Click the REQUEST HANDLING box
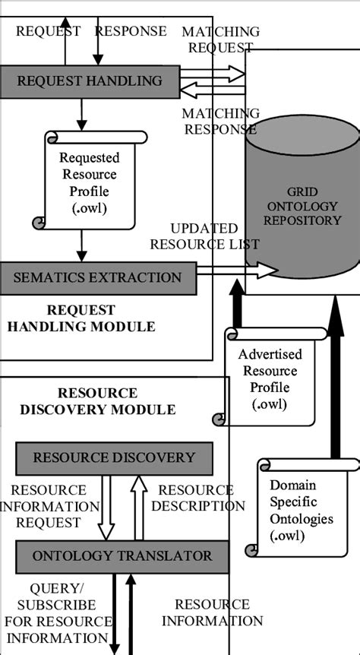point(90,81)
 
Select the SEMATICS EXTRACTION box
point(97,277)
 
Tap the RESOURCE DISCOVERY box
point(114,458)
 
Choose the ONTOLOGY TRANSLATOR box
point(122,556)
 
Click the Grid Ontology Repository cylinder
point(302,213)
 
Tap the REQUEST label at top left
point(48,31)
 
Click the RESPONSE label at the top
point(131,31)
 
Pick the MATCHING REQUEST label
point(220,40)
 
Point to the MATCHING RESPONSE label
point(220,121)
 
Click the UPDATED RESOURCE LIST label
point(204,236)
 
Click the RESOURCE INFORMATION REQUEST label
point(49,506)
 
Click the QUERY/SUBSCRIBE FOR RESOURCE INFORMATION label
point(57,613)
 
